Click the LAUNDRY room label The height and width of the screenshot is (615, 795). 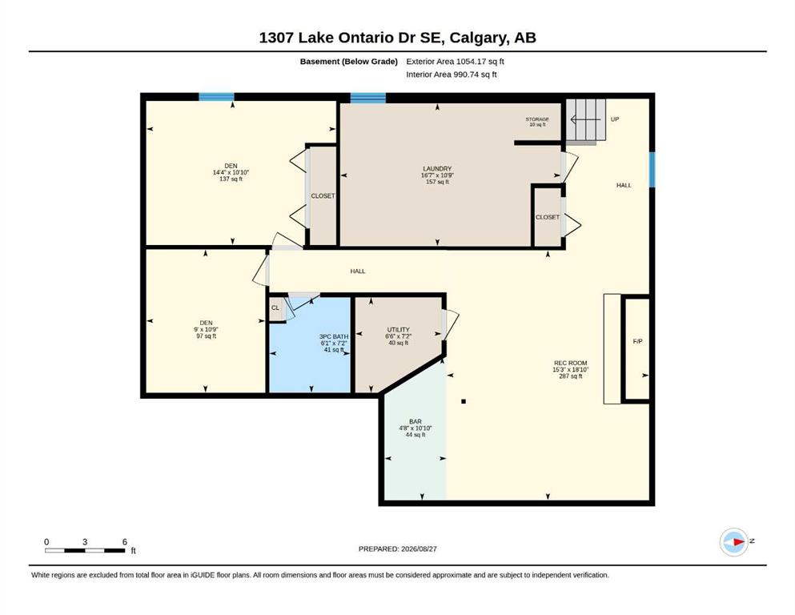[437, 169]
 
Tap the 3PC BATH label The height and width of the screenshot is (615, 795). [334, 336]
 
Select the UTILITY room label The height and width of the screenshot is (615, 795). [398, 330]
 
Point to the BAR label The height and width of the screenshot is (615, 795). [416, 421]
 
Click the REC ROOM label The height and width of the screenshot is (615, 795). [570, 363]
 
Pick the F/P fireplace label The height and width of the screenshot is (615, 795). [638, 341]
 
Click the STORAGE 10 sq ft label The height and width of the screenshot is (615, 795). [537, 122]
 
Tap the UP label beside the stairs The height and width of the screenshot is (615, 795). [615, 119]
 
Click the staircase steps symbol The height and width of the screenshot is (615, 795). [585, 120]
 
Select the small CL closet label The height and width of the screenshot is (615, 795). [275, 307]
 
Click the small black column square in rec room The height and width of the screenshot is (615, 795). [464, 401]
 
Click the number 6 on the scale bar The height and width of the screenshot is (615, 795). [125, 542]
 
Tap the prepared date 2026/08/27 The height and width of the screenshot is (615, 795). [419, 549]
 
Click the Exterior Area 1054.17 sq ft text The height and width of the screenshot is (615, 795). [455, 62]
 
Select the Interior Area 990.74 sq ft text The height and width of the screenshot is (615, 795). [452, 74]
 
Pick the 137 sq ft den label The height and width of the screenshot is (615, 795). [231, 179]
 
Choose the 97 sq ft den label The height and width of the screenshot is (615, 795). [207, 336]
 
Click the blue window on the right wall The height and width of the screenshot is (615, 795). [652, 169]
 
